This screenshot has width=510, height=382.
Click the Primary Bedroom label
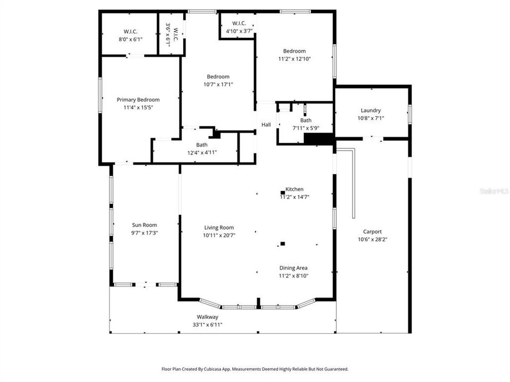tap(138, 100)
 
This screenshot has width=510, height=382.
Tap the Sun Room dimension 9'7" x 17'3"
tap(144, 232)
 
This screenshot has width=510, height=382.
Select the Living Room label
tap(219, 228)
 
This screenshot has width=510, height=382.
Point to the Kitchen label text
tap(295, 189)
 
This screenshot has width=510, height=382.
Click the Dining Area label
tap(294, 268)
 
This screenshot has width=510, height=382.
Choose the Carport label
tap(372, 231)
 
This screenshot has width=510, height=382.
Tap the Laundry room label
tap(370, 111)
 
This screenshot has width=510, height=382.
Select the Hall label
tap(266, 125)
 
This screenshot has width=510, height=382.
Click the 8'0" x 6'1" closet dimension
tap(131, 39)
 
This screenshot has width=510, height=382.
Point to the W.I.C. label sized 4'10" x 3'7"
tap(239, 23)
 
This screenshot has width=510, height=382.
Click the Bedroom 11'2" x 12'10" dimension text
tap(294, 59)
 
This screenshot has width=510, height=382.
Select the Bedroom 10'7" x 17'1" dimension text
tap(218, 84)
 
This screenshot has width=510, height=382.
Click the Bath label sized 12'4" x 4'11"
tap(202, 145)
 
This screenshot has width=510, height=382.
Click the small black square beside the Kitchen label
tap(283, 193)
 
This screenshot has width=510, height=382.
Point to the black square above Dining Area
tap(283, 244)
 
